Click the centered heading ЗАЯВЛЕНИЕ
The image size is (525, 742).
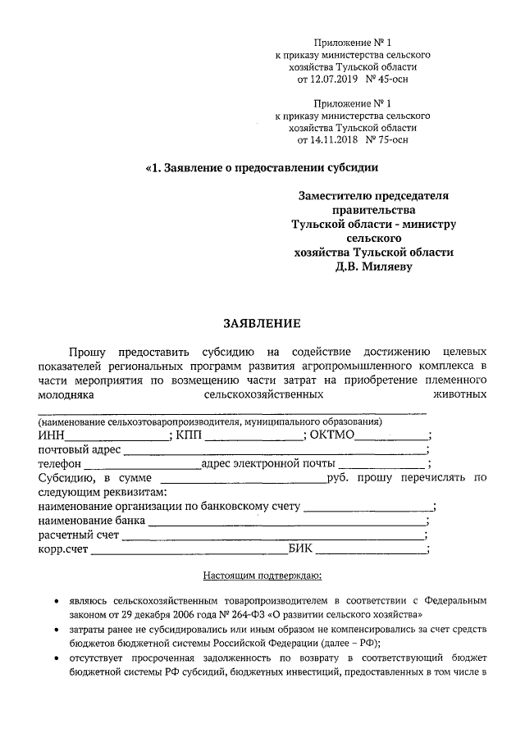262,322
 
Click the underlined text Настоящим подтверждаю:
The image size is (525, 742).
262,577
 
